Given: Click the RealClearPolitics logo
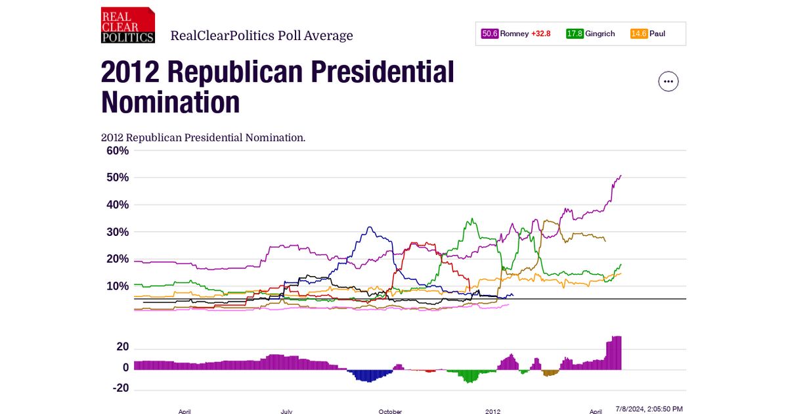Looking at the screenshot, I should pyautogui.click(x=128, y=25).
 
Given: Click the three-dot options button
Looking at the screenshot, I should pyautogui.click(x=668, y=81).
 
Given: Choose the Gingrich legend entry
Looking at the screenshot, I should pyautogui.click(x=599, y=34).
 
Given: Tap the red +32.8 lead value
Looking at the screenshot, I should pyautogui.click(x=541, y=34).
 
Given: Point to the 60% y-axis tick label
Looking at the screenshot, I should pyautogui.click(x=118, y=150).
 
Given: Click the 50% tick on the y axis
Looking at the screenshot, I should pyautogui.click(x=118, y=177).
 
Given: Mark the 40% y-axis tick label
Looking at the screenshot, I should pyautogui.click(x=118, y=204).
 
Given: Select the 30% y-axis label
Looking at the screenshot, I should pyautogui.click(x=118, y=232).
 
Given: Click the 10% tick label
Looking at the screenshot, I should pyautogui.click(x=118, y=286).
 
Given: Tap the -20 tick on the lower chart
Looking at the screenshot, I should pyautogui.click(x=120, y=388).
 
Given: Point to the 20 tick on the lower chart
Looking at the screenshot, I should pyautogui.click(x=122, y=347).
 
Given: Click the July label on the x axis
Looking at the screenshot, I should pyautogui.click(x=286, y=411).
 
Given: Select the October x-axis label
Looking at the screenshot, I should pyautogui.click(x=390, y=411).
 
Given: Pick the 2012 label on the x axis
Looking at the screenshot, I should pyautogui.click(x=493, y=411).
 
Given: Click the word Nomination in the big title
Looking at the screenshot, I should pyautogui.click(x=170, y=103).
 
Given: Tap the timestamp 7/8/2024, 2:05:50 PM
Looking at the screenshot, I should pyautogui.click(x=649, y=409).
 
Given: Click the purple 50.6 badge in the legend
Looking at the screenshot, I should pyautogui.click(x=490, y=34).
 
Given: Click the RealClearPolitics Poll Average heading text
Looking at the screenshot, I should pyautogui.click(x=261, y=35).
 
